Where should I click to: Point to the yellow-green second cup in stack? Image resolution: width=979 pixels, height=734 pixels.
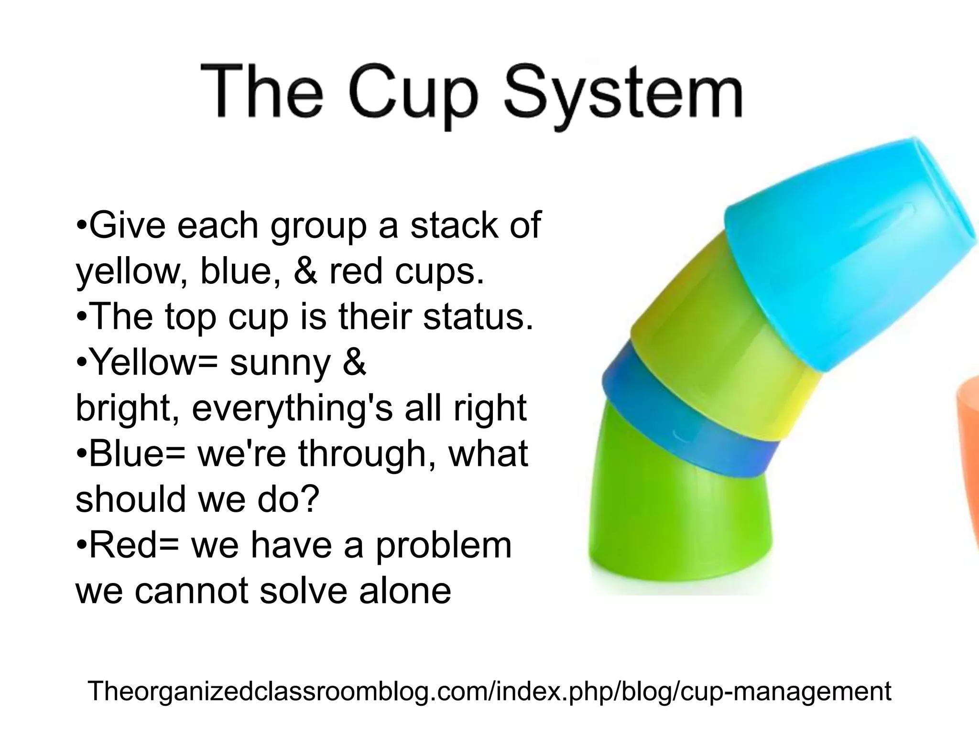[717, 363]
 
